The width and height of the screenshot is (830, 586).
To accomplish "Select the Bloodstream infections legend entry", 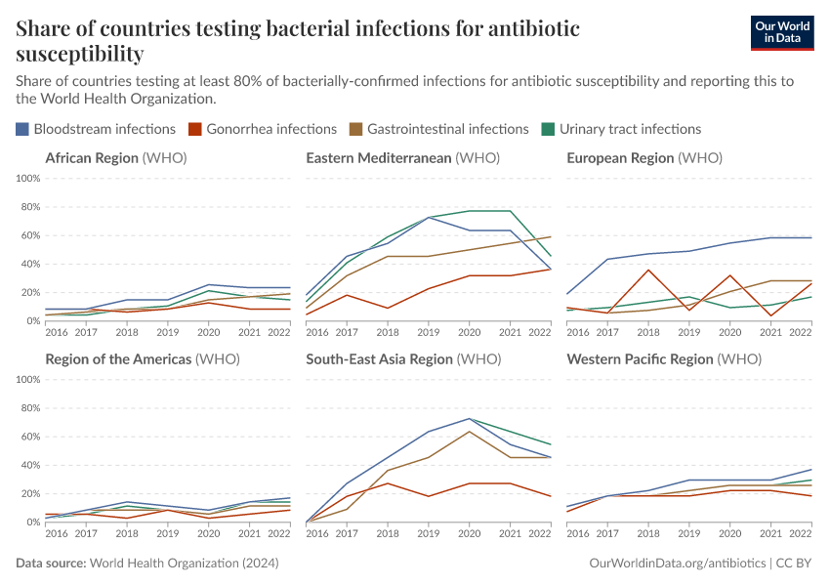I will pos(96,129).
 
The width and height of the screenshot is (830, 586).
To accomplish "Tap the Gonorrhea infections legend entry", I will pos(263,129).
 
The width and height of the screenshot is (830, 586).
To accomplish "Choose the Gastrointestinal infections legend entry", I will pos(439,129).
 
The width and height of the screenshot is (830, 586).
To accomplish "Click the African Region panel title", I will pos(115,158).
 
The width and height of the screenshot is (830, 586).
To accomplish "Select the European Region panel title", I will pos(643,158).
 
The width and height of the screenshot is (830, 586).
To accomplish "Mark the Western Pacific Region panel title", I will pos(663,359).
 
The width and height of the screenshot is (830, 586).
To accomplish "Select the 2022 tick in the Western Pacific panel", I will pos(801,534).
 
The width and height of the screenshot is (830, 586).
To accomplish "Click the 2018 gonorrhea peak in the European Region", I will pos(647,270).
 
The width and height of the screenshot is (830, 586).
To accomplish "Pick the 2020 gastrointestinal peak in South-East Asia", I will pos(470,432).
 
